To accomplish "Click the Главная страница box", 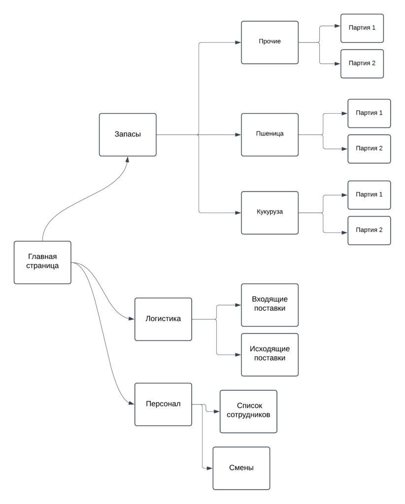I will point(42,262).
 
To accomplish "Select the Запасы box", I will point(128,134).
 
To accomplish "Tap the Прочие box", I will point(270,42).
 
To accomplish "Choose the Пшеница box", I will point(270,134).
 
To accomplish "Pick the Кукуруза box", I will point(270,213).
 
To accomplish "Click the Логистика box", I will point(163,319).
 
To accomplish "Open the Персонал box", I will point(163,404).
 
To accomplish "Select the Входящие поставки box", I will point(270,305).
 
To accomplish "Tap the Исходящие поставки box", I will point(270,354).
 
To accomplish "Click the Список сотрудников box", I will point(248,411).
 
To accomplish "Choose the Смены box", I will point(241,468).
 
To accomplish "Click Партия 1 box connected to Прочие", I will point(362,28).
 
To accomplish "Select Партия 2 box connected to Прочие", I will point(362,63).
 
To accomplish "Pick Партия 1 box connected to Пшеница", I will point(369,113).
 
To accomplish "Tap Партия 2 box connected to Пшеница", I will point(369,149).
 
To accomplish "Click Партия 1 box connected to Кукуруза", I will point(369,195).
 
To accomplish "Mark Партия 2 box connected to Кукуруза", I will point(369,230).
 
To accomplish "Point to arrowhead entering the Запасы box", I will point(128,159).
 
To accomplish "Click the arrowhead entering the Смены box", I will point(210,468).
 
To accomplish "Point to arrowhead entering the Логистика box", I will point(132,319).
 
